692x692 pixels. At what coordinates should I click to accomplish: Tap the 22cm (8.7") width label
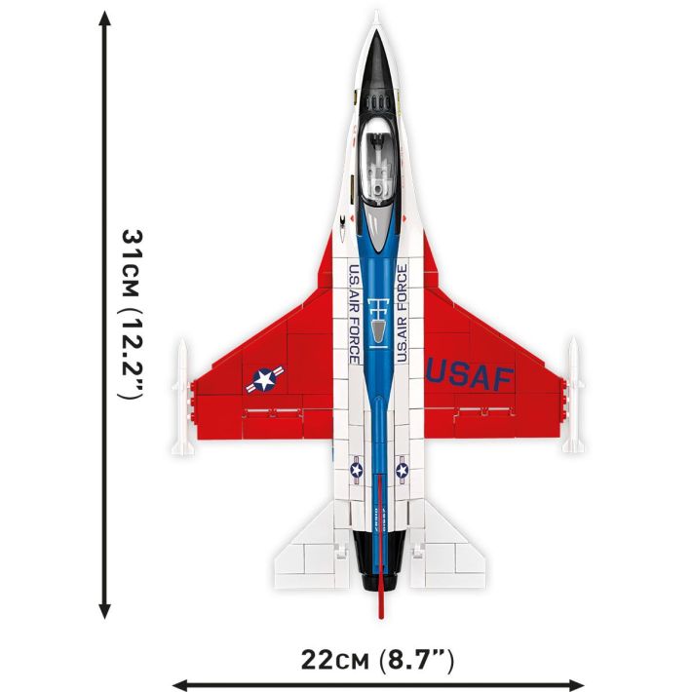pos(378,660)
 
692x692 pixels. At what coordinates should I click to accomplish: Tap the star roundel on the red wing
pos(264,379)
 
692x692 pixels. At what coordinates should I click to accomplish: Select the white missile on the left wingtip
pos(180,397)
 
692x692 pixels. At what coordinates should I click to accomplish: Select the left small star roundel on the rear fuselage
pos(356,473)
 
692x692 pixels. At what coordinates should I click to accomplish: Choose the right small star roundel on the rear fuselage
pos(402,472)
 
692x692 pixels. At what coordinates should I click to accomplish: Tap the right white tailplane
pos(450,556)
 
